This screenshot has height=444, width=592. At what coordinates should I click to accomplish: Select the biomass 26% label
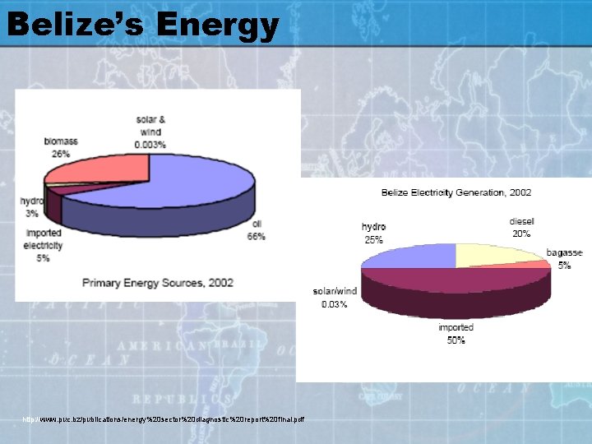(61, 146)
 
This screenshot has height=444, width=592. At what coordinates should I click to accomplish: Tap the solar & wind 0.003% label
(150, 132)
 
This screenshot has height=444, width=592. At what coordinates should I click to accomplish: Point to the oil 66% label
(256, 230)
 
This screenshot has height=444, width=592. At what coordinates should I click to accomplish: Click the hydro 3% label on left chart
(32, 206)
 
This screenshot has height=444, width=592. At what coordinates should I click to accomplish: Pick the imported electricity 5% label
(44, 244)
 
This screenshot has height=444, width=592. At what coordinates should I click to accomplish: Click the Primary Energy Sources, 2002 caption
(157, 283)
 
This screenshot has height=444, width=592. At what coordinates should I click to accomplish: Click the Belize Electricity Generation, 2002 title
(456, 192)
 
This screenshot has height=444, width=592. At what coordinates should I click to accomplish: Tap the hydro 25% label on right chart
(373, 233)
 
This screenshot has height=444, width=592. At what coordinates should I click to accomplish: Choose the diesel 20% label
(521, 227)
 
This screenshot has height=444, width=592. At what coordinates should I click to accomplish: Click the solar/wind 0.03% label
(335, 297)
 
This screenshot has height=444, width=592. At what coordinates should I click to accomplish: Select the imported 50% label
(456, 333)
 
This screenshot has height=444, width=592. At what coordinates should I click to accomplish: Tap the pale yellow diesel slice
(493, 254)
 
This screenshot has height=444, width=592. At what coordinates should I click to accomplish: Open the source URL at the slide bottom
(164, 420)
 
